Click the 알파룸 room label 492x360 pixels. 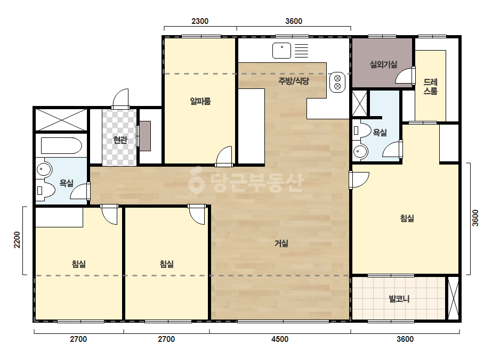pyautogui.click(x=200, y=101)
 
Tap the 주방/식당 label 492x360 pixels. pyautogui.click(x=294, y=81)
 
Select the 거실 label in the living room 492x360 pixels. pyautogui.click(x=281, y=243)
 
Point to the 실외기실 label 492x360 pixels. pyautogui.click(x=383, y=64)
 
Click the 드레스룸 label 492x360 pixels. pyautogui.click(x=431, y=87)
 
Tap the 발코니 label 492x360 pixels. pyautogui.click(x=399, y=299)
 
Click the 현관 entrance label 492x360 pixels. pyautogui.click(x=120, y=140)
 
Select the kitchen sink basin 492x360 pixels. pyautogui.click(x=282, y=51)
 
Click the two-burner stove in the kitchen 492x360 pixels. pyautogui.click(x=337, y=82)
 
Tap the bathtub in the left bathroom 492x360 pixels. pyautogui.click(x=61, y=145)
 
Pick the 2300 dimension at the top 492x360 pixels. pyautogui.click(x=200, y=21)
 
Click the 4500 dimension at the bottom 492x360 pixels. pyautogui.click(x=280, y=339)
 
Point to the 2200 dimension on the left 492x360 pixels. pyautogui.click(x=17, y=240)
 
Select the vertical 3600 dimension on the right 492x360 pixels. pyautogui.click(x=475, y=218)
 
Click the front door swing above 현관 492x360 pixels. pyautogui.click(x=121, y=99)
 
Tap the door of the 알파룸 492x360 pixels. pyautogui.click(x=224, y=156)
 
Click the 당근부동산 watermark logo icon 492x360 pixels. pyautogui.click(x=197, y=180)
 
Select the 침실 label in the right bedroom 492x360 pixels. pyautogui.click(x=407, y=218)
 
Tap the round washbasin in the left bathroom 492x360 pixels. pyautogui.click(x=44, y=170)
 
